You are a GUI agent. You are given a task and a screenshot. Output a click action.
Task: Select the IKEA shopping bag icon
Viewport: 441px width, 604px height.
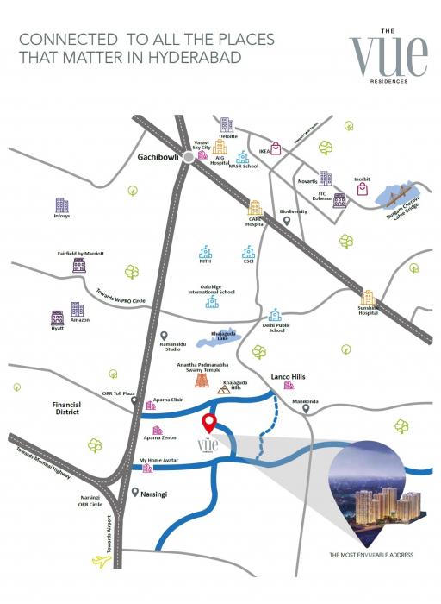pyautogui.click(x=276, y=148)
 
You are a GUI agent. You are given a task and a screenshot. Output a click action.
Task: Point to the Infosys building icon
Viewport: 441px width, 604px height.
pyautogui.click(x=61, y=205)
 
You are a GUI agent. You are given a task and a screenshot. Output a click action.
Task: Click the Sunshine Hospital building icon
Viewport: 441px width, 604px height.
pyautogui.click(x=370, y=298)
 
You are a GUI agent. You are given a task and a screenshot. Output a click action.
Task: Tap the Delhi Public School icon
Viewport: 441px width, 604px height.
pyautogui.click(x=275, y=316)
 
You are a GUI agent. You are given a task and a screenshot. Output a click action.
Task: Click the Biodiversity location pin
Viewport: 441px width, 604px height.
pyautogui.click(x=288, y=221)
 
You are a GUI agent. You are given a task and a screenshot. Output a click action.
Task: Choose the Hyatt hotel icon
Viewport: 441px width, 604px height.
pyautogui.click(x=58, y=318)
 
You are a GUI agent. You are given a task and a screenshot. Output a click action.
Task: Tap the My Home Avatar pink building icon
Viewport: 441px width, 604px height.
pyautogui.click(x=147, y=469)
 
